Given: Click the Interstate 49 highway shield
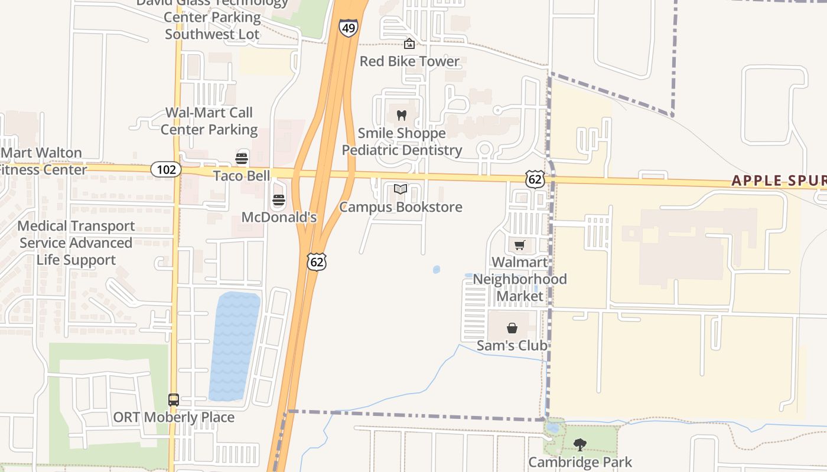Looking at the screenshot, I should point(348,28).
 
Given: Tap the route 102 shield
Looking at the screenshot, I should point(166,170).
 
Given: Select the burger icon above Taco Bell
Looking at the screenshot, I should point(241,158).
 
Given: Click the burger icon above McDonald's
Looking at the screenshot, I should point(279,200).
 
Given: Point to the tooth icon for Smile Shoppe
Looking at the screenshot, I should point(402,116).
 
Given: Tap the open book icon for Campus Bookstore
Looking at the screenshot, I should point(401,189).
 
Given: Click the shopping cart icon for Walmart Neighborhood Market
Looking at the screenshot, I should point(519,245).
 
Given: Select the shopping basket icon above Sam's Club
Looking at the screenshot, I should point(512,328).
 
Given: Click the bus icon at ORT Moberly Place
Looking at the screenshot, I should point(173,399).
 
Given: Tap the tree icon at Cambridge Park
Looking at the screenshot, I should point(580,444).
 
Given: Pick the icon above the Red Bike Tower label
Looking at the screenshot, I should point(409,44).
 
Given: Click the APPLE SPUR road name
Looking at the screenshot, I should point(779,181).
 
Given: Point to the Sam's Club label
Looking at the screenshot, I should point(512,345).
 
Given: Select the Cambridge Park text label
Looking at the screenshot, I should point(580,462).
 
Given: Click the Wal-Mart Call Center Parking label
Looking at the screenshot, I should point(209,121).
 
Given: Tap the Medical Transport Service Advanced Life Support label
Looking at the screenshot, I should point(76,243).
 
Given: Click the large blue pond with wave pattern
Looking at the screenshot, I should point(234,345).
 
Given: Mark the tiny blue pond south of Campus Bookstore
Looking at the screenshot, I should point(437,270).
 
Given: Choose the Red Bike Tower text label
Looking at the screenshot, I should point(409,61).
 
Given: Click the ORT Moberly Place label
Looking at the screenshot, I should point(174,417).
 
